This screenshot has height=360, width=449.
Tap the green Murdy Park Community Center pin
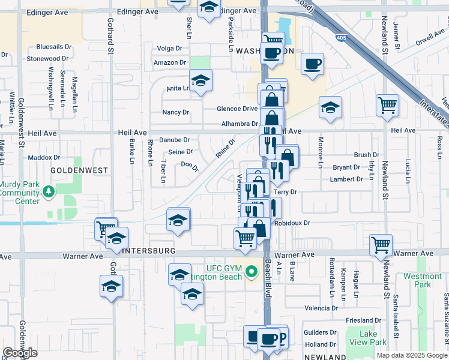[48, 193]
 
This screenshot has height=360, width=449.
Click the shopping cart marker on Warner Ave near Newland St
[381, 244]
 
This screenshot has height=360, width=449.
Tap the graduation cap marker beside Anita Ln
[200, 80]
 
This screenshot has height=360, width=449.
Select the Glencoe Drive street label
[237, 109]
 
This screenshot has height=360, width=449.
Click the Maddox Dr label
[44, 157]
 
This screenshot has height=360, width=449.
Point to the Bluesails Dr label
[54, 46]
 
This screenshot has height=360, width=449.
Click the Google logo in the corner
[20, 353]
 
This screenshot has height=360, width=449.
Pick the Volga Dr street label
[169, 49]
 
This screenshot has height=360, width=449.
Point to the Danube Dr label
[174, 140]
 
